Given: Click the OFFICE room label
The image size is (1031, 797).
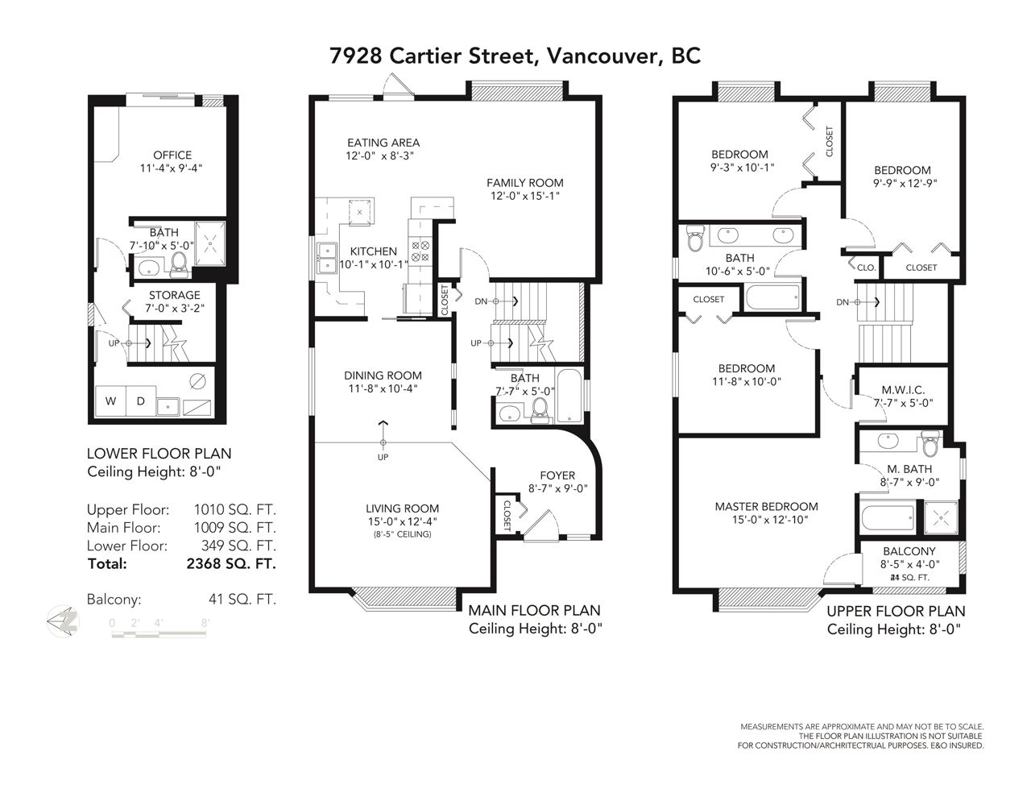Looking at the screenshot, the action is click(172, 156).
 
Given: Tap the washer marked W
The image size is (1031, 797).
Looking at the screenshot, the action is click(111, 401).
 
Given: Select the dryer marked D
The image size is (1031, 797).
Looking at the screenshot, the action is click(141, 401).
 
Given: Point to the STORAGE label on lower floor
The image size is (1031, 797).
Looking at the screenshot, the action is click(175, 295).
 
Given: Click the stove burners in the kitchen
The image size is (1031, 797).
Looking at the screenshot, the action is click(420, 251).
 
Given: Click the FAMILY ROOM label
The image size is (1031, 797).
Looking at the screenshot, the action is click(525, 183).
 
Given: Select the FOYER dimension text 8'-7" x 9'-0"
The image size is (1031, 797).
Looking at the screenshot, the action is click(558, 488).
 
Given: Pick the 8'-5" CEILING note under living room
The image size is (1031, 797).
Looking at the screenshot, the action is click(403, 534).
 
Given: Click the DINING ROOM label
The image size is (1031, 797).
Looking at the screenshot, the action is click(383, 376).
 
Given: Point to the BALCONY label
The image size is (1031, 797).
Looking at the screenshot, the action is click(909, 551).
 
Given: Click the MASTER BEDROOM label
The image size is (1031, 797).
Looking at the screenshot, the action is click(767, 507).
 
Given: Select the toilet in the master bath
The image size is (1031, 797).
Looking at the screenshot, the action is click(930, 443).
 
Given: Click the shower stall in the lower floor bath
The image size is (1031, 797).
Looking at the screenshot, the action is click(210, 243).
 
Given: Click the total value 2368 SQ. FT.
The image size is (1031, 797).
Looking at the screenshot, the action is click(231, 563).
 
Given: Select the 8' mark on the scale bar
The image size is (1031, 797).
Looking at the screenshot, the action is click(205, 623).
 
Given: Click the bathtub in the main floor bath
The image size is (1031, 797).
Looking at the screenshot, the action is click(569, 396).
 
